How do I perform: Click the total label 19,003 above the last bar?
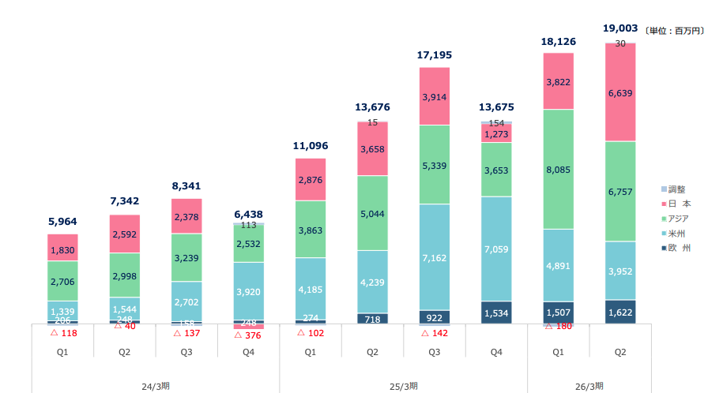tap(620, 28)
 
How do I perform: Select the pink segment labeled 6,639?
tap(620, 92)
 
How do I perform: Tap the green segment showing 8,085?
tap(558, 169)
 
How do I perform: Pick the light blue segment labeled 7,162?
tap(434, 257)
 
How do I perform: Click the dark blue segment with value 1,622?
tap(620, 313)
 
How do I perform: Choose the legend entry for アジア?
tap(679, 218)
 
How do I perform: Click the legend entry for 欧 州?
tap(679, 248)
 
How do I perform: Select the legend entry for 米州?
tap(676, 233)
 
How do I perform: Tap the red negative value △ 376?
tap(248, 335)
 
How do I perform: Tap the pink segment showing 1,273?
tap(496, 134)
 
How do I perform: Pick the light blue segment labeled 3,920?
tap(248, 292)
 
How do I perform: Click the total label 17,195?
tap(434, 55)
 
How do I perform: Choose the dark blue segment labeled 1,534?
tap(496, 313)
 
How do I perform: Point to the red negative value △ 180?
tap(558, 327)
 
